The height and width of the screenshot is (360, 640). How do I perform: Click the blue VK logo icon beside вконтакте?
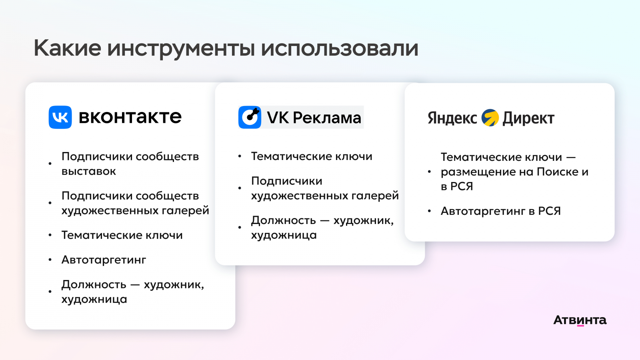coord(60,117)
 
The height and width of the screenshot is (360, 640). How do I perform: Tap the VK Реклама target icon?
coord(250,117)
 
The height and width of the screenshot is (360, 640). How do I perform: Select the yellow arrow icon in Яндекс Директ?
coord(490,118)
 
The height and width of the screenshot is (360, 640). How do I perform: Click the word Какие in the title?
coord(68,48)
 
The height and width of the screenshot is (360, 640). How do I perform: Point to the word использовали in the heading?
coord(340,48)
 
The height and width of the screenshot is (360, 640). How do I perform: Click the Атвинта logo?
coord(580,320)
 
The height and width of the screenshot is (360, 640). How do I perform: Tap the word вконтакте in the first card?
coord(130,116)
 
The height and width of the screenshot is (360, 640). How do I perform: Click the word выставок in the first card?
coord(88,171)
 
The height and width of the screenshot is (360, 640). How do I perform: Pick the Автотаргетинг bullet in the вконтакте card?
coord(104,260)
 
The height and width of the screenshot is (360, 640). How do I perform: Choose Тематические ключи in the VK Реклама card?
coord(312,156)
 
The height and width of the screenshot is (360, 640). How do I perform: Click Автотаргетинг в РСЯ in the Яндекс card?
coord(500,211)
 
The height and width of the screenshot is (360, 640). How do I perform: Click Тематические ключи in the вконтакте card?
coord(122,235)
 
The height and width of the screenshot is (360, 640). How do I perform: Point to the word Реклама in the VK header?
coord(327,118)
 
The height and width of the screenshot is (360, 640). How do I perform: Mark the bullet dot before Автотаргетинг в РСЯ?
coord(429,211)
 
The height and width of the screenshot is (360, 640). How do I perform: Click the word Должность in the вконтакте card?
coord(94,284)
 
